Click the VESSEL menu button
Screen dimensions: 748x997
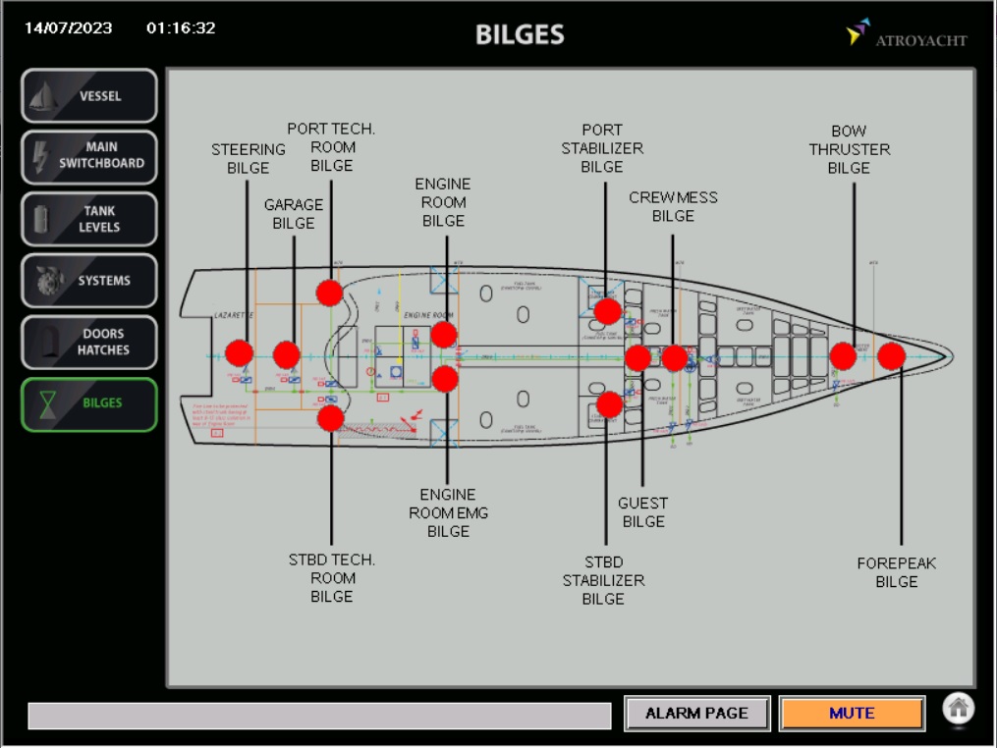tap(89, 96)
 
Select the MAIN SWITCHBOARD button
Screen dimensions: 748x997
tap(89, 157)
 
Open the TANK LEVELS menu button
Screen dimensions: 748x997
tap(89, 219)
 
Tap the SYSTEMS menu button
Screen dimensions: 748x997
tap(89, 281)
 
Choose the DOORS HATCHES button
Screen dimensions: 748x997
tap(89, 343)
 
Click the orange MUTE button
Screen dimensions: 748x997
tap(852, 714)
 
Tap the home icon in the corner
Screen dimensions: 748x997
tap(959, 707)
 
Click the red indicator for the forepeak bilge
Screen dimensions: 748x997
tap(891, 356)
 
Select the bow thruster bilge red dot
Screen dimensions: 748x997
tap(843, 356)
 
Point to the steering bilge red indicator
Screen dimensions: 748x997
tap(239, 353)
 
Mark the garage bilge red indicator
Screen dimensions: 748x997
tap(286, 354)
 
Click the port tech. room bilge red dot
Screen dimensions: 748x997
tap(329, 292)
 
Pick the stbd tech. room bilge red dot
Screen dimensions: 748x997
tap(331, 418)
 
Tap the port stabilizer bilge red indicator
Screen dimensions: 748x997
tap(607, 311)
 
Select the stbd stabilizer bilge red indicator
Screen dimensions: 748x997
tap(609, 403)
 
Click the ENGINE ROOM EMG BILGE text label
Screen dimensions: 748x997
tap(448, 512)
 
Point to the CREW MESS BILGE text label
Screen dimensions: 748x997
tap(673, 206)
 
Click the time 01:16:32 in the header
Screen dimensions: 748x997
tap(181, 28)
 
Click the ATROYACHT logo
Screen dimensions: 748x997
tap(907, 35)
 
